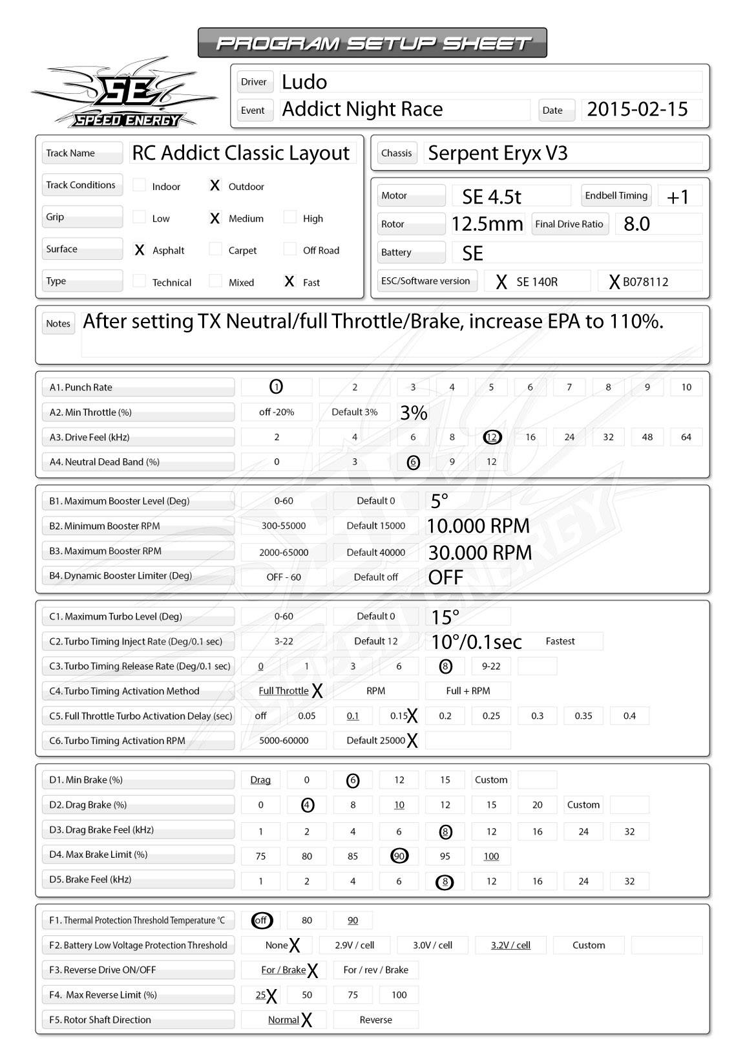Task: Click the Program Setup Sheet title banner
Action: [372, 43]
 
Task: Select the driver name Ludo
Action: [304, 82]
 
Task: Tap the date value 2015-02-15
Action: [637, 109]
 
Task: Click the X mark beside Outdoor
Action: [215, 186]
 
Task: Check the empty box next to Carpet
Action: [216, 250]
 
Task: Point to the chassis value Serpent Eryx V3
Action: [498, 153]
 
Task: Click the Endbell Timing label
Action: [616, 195]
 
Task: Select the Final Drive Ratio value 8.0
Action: [636, 224]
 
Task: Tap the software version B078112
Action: [645, 282]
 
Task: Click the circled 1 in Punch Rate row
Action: [276, 387]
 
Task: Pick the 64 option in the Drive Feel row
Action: [686, 437]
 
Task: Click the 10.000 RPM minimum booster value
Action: [478, 526]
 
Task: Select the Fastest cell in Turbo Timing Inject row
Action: [560, 641]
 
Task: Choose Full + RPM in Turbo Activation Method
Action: [468, 691]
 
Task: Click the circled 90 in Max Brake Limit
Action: [399, 856]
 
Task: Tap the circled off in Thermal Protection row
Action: [261, 920]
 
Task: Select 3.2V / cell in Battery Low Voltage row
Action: [510, 945]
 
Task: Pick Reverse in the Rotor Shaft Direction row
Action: [375, 1019]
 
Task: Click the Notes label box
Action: [58, 323]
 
